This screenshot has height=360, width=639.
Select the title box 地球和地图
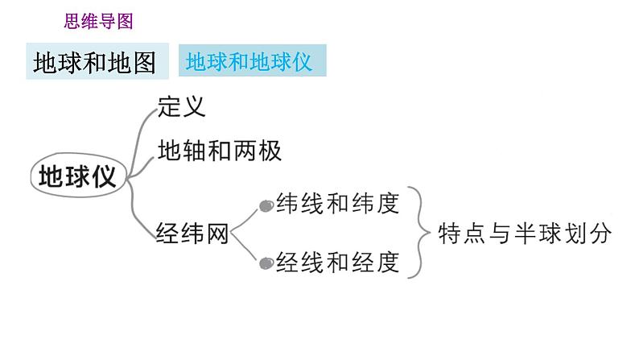(95, 63)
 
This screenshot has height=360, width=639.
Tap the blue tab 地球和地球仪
(249, 62)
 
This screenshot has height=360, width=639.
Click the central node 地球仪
(78, 175)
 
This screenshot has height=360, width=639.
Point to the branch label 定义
(182, 106)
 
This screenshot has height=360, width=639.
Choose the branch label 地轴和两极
(219, 151)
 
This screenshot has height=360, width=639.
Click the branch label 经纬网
(192, 234)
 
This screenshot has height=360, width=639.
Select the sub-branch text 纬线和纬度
(337, 203)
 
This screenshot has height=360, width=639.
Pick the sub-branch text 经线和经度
(337, 263)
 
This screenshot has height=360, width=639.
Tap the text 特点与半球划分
(525, 234)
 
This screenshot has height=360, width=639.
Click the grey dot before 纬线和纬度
(266, 206)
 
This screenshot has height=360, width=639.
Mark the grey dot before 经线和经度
(266, 263)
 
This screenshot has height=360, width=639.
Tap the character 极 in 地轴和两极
(270, 151)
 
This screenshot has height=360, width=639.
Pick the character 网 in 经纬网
(217, 234)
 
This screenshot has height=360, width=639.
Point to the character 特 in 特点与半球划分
(450, 234)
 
